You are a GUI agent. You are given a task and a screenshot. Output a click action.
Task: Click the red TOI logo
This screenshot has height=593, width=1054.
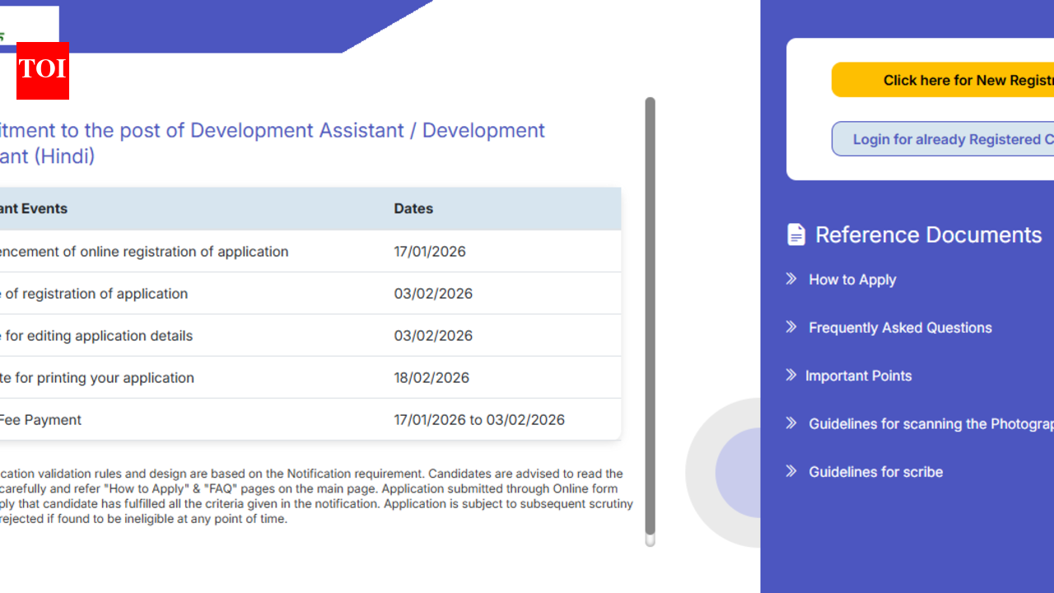42,70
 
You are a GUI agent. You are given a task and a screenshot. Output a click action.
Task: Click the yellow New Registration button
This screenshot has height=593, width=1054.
943,80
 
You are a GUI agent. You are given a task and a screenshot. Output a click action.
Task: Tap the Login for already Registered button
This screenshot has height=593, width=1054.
943,139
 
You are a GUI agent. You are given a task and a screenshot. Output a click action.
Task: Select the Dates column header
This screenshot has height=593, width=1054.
413,208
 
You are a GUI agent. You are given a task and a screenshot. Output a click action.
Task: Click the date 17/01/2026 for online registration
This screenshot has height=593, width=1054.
430,251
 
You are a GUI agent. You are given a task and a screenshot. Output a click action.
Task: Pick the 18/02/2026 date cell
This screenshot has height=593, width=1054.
431,378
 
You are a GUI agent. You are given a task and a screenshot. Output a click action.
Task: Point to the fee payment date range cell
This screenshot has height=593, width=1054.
479,420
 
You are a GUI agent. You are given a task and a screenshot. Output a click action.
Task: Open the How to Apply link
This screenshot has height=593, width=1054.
852,280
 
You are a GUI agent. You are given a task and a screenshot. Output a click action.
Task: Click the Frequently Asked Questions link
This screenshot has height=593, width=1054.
900,328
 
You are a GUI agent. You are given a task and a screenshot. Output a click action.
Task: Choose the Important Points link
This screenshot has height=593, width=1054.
858,376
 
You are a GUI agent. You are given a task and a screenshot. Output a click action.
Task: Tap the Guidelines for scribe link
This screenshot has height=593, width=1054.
875,472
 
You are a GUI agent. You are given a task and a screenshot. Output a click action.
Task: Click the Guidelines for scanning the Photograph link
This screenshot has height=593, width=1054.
930,424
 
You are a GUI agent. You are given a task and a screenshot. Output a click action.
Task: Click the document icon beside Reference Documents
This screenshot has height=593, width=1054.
796,235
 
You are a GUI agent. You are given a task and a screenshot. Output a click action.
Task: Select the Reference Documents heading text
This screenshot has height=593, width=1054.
928,235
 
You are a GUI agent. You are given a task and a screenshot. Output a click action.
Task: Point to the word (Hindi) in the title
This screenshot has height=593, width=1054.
64,156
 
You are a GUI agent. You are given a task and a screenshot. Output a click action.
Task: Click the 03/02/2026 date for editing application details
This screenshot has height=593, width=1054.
433,336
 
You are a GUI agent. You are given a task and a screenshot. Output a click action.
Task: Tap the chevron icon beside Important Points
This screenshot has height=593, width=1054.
790,376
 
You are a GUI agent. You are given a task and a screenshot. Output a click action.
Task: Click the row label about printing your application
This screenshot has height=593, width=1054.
97,378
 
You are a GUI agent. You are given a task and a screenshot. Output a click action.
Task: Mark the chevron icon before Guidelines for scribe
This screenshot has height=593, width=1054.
791,471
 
